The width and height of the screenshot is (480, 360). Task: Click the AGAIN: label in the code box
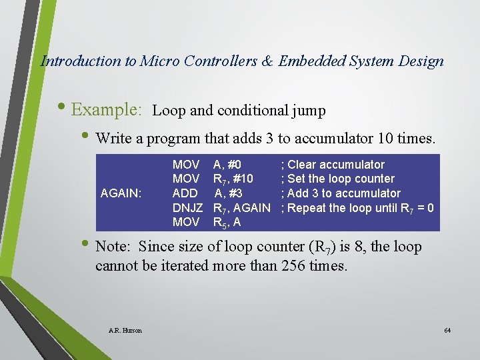(x=121, y=193)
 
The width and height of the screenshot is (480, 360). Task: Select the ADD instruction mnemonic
(x=185, y=193)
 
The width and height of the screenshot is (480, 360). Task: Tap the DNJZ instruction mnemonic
(x=187, y=208)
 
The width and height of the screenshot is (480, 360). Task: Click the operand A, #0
(x=227, y=165)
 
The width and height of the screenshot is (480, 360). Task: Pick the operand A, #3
(x=228, y=193)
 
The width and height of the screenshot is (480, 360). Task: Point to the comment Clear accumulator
(x=333, y=165)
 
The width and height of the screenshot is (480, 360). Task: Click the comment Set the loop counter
(x=338, y=179)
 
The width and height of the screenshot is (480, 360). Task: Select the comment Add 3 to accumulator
(x=341, y=193)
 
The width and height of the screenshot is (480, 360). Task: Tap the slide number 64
(x=447, y=331)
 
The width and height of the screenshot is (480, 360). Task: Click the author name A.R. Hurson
(x=125, y=331)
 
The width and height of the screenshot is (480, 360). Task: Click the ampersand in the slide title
(x=267, y=61)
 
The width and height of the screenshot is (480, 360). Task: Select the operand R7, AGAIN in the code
(x=241, y=208)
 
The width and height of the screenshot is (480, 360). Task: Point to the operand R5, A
(x=227, y=223)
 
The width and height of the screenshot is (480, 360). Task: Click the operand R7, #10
(x=233, y=179)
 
